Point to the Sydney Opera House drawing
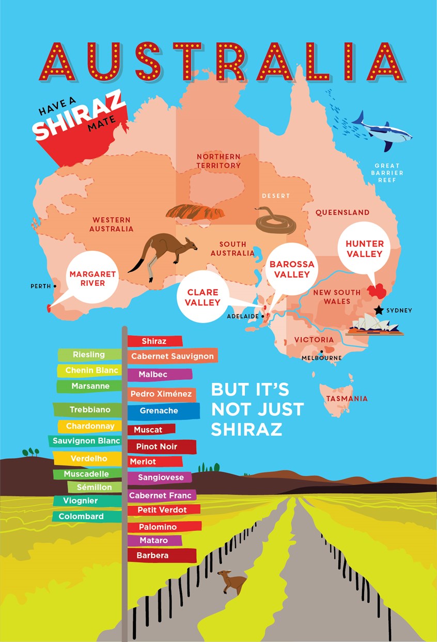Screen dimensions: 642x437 pos(373,325)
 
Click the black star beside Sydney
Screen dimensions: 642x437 pos(380,310)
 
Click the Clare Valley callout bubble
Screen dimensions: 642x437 pos(204,298)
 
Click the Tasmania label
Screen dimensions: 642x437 pos(347,398)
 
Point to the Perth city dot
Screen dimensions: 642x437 pos(55,285)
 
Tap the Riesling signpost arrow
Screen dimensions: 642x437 pos(89,355)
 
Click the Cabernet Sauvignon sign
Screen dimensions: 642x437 pos(172,356)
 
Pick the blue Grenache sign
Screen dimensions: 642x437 pos(159,411)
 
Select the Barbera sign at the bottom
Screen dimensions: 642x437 pos(153,556)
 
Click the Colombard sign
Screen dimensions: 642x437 pos(81,516)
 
